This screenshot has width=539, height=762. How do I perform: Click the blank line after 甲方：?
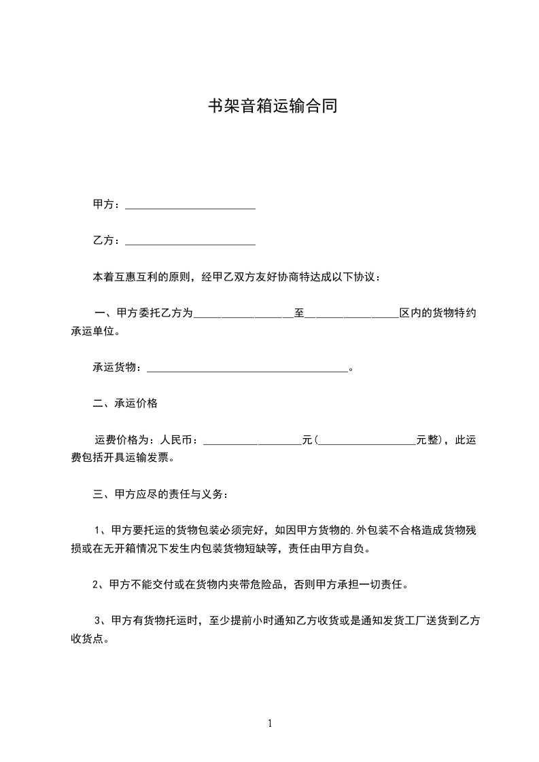click(x=190, y=204)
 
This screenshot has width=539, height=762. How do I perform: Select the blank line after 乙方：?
click(x=190, y=241)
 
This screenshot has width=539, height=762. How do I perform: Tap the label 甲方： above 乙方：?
click(x=107, y=204)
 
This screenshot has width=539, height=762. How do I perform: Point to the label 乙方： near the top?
click(x=107, y=241)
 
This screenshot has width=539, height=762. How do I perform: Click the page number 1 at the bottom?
click(x=270, y=723)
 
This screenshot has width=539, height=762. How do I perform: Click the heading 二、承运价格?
click(x=125, y=403)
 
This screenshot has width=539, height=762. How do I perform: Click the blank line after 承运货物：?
click(x=247, y=368)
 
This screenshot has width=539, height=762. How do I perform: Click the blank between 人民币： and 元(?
click(x=252, y=441)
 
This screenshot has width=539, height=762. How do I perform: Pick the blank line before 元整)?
click(x=367, y=441)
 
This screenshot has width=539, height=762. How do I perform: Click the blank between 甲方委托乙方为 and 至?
click(x=243, y=314)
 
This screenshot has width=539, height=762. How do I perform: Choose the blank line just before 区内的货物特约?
click(x=351, y=314)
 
